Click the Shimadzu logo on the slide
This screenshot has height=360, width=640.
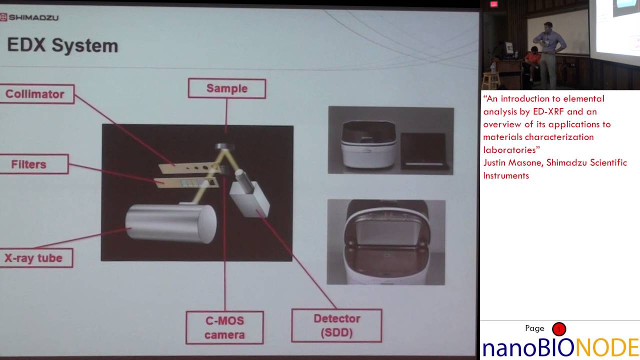(x=29, y=17)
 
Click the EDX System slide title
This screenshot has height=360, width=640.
(x=62, y=45)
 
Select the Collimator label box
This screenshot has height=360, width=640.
(x=35, y=94)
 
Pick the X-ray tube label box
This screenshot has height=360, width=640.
(x=34, y=258)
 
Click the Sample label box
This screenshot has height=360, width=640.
(x=226, y=88)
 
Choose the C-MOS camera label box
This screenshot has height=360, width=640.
(x=224, y=327)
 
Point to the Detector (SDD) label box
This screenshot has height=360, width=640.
(x=336, y=325)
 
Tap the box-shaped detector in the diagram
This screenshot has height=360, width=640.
(x=250, y=198)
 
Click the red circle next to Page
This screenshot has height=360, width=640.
(x=558, y=329)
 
